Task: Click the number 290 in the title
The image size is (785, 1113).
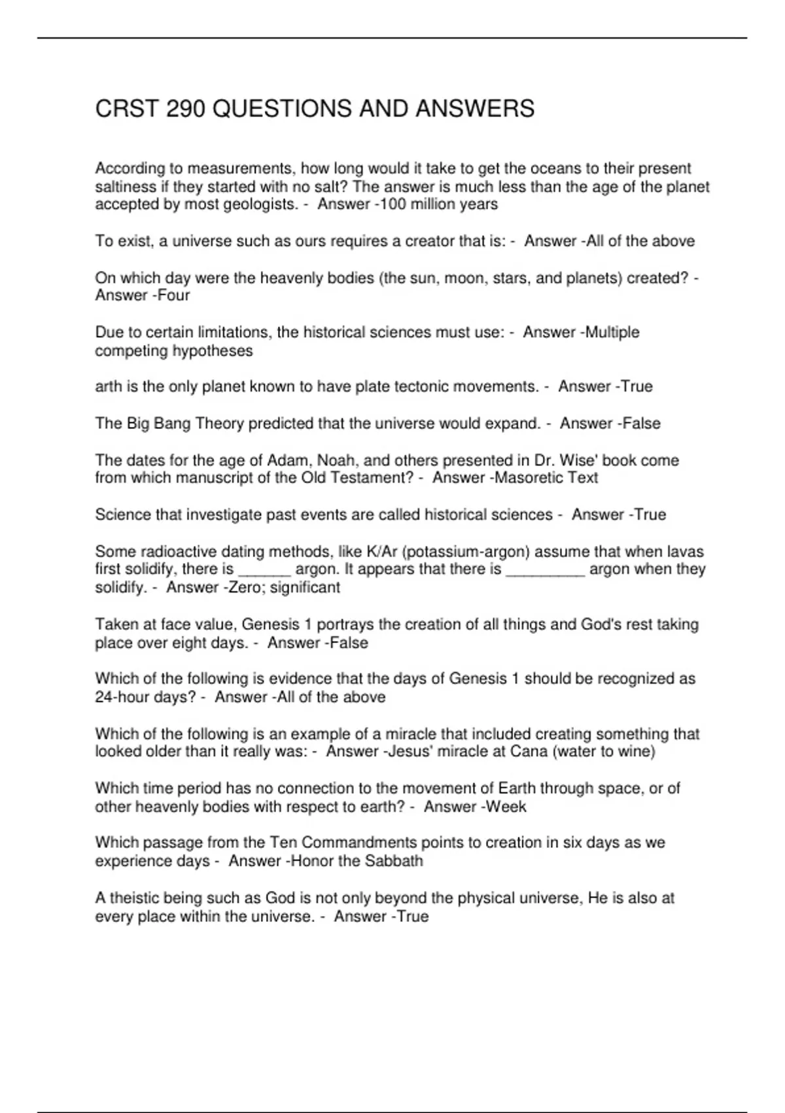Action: (x=186, y=109)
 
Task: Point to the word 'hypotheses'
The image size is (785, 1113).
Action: (x=213, y=351)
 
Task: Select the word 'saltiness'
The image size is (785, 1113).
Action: (x=125, y=187)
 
